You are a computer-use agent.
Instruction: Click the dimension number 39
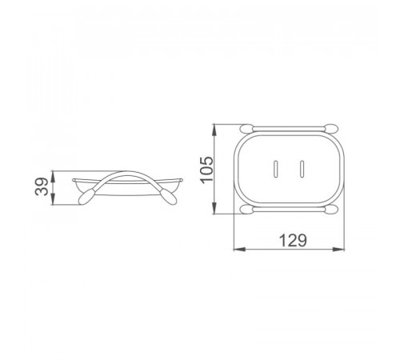(x=42, y=186)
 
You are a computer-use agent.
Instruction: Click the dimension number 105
(x=206, y=170)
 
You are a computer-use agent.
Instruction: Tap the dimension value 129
(x=293, y=241)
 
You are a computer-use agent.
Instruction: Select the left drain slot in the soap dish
(x=276, y=169)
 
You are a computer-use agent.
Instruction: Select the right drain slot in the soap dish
(x=302, y=169)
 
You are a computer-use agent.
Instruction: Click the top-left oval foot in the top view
(x=246, y=129)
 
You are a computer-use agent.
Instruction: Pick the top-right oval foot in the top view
(x=331, y=129)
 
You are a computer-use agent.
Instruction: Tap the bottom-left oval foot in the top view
(x=246, y=210)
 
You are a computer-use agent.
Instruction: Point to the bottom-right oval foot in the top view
(x=331, y=210)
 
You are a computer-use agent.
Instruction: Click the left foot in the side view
(x=85, y=197)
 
